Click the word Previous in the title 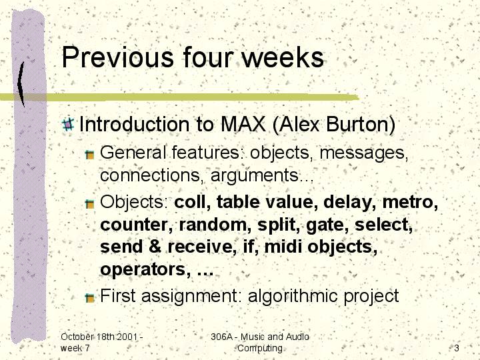[118, 57]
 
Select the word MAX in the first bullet [243, 124]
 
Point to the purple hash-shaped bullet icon [68, 124]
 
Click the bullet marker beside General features [90, 155]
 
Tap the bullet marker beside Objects [90, 204]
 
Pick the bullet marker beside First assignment [90, 297]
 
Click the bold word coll [192, 202]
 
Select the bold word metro [410, 202]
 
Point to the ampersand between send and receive [155, 247]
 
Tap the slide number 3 [457, 348]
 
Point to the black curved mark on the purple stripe [21, 84]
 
